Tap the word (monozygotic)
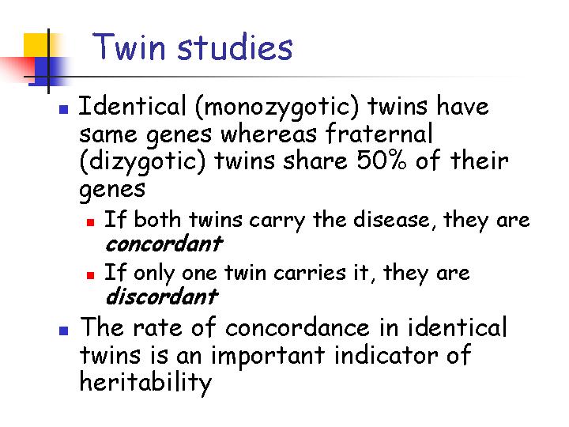(277, 108)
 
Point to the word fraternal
(379, 134)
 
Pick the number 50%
(382, 160)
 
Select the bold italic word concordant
(164, 244)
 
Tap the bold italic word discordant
(162, 296)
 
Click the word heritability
(145, 383)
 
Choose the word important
(268, 356)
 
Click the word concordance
(297, 327)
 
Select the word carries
(310, 273)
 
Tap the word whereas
(269, 134)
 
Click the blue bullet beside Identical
(63, 109)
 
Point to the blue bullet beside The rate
(63, 330)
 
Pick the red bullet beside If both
(90, 222)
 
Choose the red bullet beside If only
(90, 275)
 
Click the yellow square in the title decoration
(36, 45)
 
